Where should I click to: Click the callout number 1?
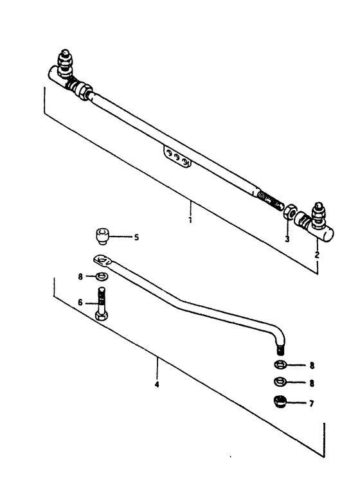190,220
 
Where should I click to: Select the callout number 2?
317,255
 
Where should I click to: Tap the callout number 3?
287,239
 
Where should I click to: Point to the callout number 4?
157,384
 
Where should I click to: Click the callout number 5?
136,237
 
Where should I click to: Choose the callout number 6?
80,303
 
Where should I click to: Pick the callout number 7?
311,404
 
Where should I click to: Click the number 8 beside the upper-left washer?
80,276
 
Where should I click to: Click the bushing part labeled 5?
102,236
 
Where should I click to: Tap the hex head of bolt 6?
102,316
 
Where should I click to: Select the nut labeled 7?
280,402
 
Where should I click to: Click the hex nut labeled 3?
290,212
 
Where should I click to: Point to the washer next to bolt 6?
102,276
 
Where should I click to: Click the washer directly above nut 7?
280,381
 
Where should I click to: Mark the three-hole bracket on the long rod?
178,158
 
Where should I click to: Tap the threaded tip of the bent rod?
280,349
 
